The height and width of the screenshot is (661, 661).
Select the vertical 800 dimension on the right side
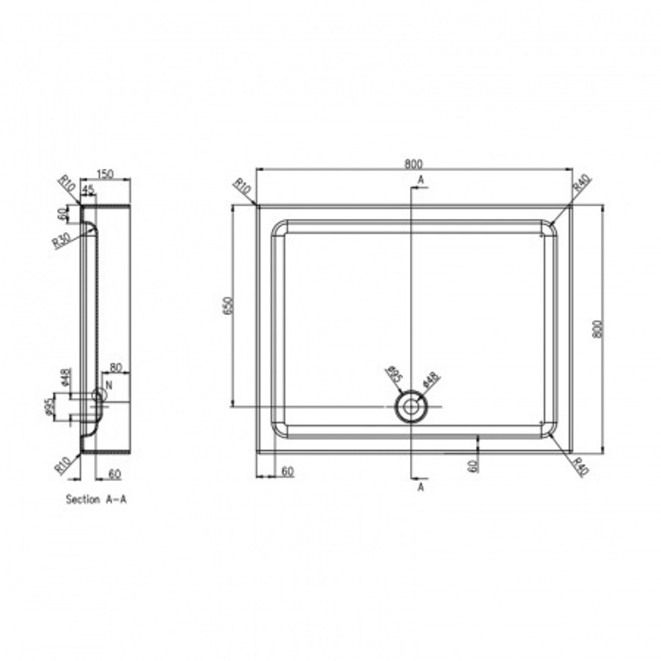pyautogui.click(x=598, y=329)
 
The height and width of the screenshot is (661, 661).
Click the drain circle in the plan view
pyautogui.click(x=410, y=407)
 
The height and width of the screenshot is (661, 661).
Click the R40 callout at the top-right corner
pyautogui.click(x=582, y=182)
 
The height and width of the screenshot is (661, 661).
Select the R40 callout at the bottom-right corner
pyautogui.click(x=580, y=467)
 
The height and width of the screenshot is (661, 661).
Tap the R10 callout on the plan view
pyautogui.click(x=243, y=188)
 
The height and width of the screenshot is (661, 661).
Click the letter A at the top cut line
pyautogui.click(x=420, y=180)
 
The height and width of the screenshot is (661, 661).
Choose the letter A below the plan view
pyautogui.click(x=420, y=487)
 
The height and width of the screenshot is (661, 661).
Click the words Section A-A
pyautogui.click(x=96, y=500)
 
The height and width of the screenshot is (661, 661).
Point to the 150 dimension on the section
pyautogui.click(x=105, y=174)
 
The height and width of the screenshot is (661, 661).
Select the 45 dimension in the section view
pyautogui.click(x=88, y=190)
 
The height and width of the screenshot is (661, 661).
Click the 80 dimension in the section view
pyautogui.click(x=114, y=367)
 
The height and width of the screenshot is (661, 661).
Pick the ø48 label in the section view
pyautogui.click(x=66, y=377)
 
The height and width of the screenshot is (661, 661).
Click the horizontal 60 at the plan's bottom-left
pyautogui.click(x=287, y=471)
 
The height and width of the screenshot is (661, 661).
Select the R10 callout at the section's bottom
pyautogui.click(x=63, y=466)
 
